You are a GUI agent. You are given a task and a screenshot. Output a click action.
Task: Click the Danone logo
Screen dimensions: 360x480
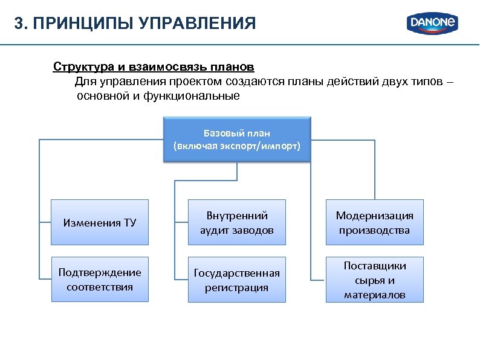click(x=433, y=24)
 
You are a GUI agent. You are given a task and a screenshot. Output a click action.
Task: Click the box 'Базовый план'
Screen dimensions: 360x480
click(x=236, y=140)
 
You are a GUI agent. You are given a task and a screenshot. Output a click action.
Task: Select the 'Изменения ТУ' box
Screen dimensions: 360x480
click(x=100, y=222)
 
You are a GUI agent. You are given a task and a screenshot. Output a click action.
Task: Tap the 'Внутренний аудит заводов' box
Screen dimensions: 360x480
click(x=237, y=222)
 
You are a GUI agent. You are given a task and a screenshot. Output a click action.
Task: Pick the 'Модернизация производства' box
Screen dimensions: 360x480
click(x=374, y=222)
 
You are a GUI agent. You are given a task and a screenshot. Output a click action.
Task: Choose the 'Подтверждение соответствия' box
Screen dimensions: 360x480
click(x=100, y=279)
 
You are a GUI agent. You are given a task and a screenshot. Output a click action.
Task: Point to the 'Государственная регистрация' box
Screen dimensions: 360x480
click(x=237, y=279)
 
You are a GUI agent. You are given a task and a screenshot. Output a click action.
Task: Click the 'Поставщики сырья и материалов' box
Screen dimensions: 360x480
click(x=374, y=279)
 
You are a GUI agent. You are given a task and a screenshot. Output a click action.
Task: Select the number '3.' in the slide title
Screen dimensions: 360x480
click(x=21, y=24)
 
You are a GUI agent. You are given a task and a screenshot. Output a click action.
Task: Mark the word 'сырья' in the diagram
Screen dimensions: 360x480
click(x=366, y=280)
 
